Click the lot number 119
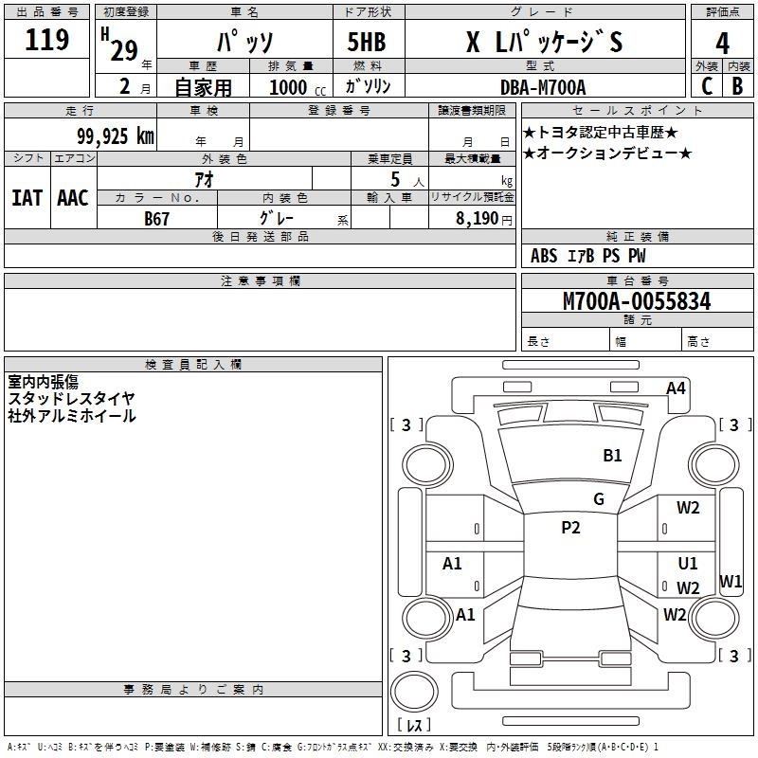[48, 40]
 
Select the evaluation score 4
[722, 43]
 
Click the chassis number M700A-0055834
[637, 302]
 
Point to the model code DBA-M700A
[543, 87]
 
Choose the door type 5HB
[366, 43]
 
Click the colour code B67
[157, 218]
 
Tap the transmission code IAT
[27, 198]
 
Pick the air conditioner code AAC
[73, 198]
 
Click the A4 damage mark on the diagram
[676, 388]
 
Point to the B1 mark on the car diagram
[613, 456]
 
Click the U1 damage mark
[688, 564]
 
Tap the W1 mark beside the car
[731, 582]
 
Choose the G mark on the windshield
[599, 499]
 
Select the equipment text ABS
[544, 256]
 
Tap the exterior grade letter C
[707, 86]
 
